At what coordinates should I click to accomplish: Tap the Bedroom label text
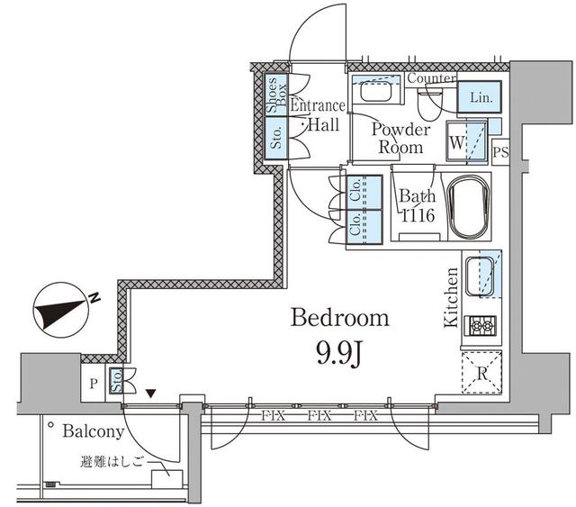339,318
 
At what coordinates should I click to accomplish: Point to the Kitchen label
453,296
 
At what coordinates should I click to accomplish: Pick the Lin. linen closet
478,98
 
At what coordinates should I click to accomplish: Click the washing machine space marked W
457,142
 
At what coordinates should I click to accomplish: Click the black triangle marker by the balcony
150,394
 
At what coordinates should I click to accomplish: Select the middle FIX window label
318,416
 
